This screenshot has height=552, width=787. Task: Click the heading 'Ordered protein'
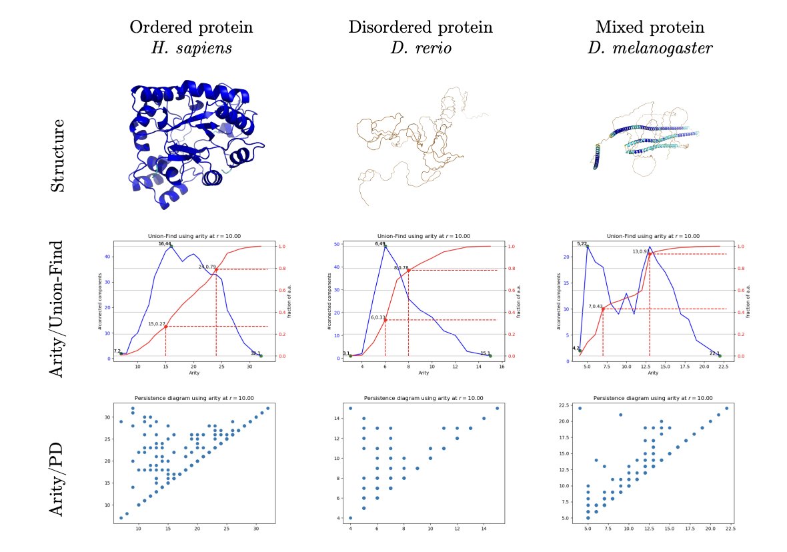point(191,27)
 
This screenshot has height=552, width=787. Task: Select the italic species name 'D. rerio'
point(420,48)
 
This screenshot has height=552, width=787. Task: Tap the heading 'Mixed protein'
point(650,27)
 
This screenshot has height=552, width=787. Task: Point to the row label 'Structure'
point(59,155)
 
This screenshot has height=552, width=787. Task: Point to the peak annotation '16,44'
point(165,244)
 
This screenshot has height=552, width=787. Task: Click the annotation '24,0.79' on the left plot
point(207,267)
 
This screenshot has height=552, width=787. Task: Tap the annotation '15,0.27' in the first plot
point(157,324)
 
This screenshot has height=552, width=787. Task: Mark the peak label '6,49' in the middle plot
point(381,244)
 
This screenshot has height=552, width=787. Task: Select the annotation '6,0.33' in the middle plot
point(378,317)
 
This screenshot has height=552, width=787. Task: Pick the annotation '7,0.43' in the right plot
point(596,306)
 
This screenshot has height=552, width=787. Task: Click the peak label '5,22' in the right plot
point(582,244)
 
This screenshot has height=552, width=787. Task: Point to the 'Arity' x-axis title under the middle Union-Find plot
point(424,373)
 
